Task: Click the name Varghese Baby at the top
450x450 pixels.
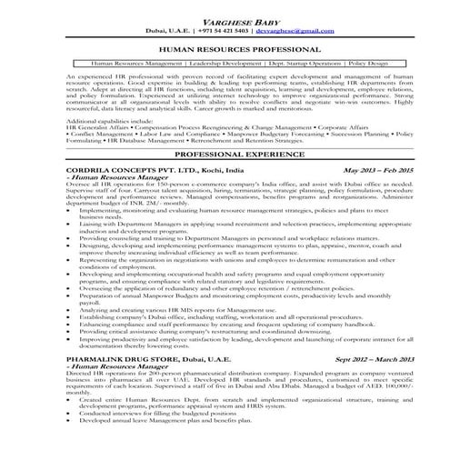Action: pos(225,16)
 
